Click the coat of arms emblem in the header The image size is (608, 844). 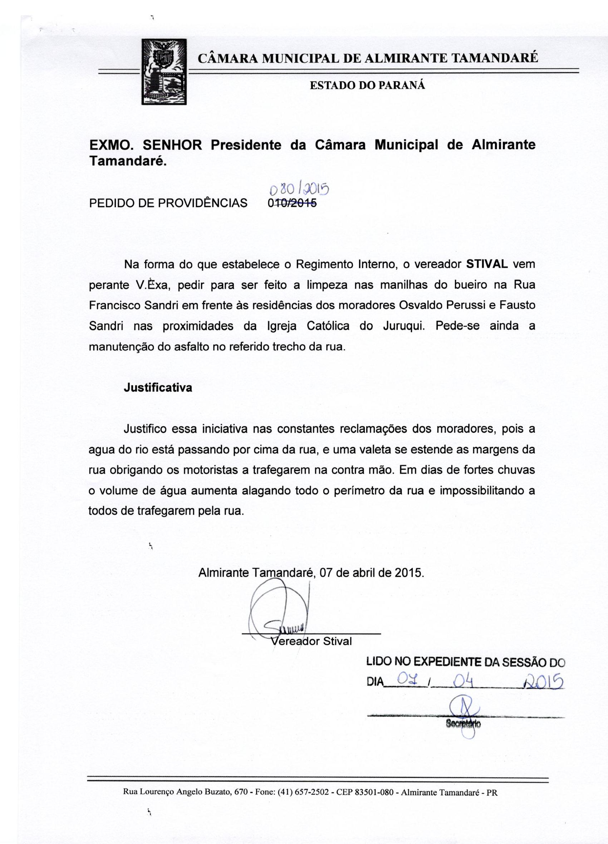coord(164,72)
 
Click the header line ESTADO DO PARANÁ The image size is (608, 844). coord(367,86)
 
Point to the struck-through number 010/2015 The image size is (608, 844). coord(292,203)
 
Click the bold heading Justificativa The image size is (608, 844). coord(158,388)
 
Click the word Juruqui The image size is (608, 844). coord(403,326)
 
